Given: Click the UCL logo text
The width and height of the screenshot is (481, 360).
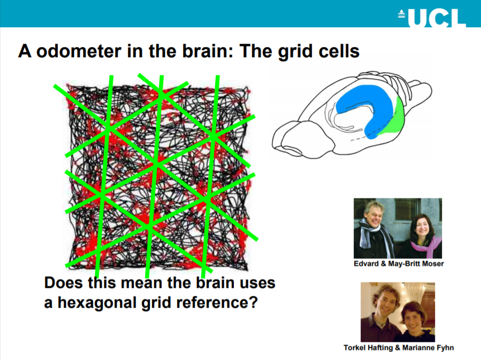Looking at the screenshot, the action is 437,18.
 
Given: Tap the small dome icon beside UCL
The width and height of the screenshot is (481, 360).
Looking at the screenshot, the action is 402,14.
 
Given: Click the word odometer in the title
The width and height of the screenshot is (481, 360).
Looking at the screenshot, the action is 79,51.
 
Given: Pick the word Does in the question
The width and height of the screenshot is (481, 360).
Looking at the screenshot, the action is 64,283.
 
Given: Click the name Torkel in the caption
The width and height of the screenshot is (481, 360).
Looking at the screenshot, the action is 353,348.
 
